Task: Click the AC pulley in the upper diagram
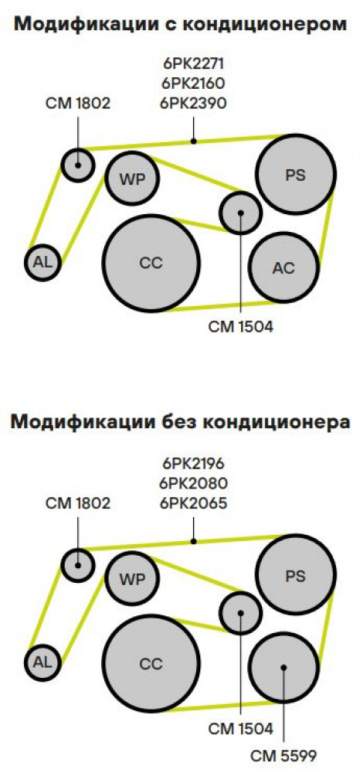click(284, 267)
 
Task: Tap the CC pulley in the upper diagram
click(151, 264)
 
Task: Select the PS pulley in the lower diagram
click(295, 575)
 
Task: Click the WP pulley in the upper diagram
click(132, 179)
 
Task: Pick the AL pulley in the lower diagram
click(42, 662)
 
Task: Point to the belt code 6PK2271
click(193, 63)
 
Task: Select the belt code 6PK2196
click(193, 464)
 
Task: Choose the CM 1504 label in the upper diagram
click(240, 327)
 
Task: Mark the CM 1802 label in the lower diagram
click(78, 503)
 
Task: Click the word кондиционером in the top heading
click(267, 25)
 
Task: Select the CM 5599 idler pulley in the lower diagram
click(284, 668)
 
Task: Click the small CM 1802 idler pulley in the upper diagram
click(78, 165)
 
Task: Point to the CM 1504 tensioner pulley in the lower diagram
click(240, 613)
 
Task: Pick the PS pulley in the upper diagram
click(295, 175)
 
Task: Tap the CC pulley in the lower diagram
click(151, 663)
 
